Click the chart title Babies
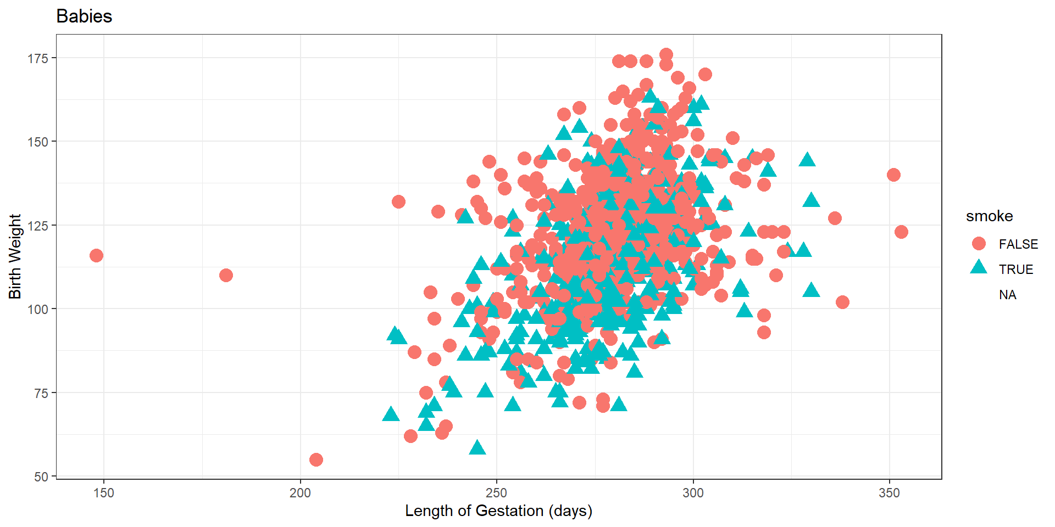pos(84,16)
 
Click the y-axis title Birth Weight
pos(15,256)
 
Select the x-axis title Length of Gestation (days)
pos(498,511)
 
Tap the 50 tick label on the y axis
pos(41,476)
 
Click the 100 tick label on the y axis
pos(38,309)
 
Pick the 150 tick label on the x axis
pos(104,493)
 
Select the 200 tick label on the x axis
pos(300,493)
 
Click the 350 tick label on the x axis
pos(889,493)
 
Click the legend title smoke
pos(989,216)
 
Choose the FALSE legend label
pos(1018,244)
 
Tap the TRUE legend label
pos(1016,270)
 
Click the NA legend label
pos(1007,295)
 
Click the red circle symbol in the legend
pos(979,244)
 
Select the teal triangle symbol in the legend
pos(979,268)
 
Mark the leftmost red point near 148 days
pos(96,255)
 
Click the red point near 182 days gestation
pos(226,275)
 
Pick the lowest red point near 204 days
pos(316,459)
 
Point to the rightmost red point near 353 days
pos(901,232)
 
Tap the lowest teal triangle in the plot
pos(477,448)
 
